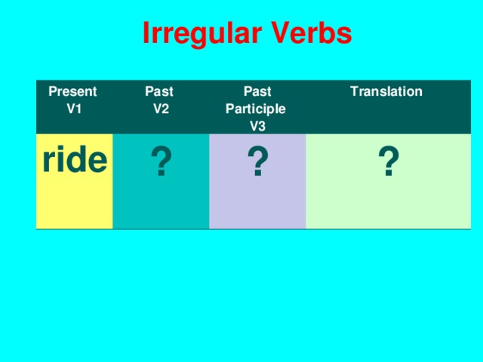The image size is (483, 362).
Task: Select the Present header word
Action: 72,92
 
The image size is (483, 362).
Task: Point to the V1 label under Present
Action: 74,109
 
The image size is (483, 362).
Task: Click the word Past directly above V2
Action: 158,92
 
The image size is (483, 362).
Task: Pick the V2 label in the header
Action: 160,109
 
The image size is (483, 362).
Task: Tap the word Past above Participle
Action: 257,92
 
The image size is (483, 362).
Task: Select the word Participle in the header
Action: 256,109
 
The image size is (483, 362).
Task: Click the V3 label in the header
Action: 257,126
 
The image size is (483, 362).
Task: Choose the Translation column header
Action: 386,92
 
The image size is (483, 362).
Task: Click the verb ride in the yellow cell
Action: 75,160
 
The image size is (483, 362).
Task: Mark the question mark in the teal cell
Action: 160,163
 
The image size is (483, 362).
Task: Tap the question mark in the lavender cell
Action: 257,163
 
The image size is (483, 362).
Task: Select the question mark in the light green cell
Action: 388,163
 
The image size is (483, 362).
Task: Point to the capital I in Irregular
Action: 146,33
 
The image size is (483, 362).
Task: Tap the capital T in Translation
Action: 354,92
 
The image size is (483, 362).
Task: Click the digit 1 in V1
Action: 78,109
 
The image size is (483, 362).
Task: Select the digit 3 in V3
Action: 262,126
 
